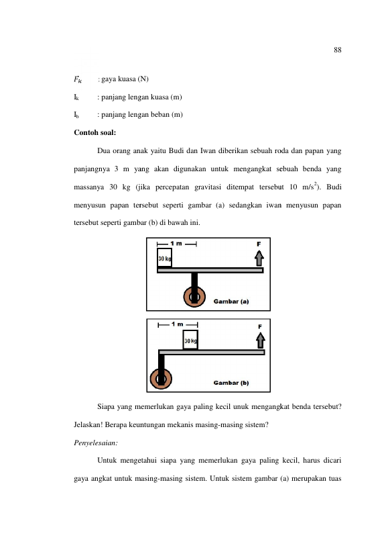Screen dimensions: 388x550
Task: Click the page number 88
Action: pos(337,50)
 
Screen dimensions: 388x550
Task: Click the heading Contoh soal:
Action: pos(94,132)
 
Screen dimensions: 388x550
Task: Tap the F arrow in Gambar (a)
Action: pos(259,259)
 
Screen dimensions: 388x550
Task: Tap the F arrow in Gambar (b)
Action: pos(260,340)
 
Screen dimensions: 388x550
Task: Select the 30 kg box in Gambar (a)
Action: pos(164,258)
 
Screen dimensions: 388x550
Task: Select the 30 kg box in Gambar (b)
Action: pos(190,340)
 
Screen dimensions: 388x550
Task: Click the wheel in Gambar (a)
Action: pos(194,297)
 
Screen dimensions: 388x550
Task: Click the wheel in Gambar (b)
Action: pos(161,379)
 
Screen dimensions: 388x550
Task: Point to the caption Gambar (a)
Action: pos(231,302)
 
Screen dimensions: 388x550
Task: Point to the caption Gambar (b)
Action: pos(231,383)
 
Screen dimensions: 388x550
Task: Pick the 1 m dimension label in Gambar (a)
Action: pos(176,243)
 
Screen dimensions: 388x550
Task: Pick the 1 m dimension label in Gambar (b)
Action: pos(178,324)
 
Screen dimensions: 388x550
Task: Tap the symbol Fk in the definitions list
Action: pos(78,79)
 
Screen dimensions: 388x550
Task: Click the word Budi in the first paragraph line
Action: pos(176,151)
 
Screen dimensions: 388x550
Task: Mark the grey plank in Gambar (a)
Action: pos(210,270)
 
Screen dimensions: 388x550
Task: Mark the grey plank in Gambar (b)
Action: pos(212,352)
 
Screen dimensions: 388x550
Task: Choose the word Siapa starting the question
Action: pos(105,407)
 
